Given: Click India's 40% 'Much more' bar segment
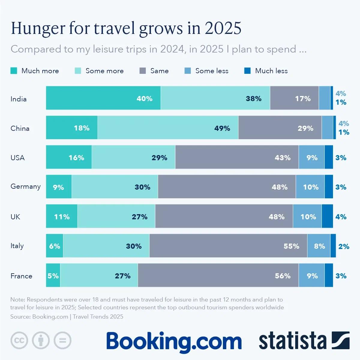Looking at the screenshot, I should click(x=103, y=98).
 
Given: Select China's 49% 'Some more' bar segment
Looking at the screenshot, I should click(x=168, y=128).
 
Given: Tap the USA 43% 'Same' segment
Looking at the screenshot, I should click(x=237, y=157).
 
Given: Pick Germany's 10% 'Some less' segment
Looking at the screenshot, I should click(x=310, y=187).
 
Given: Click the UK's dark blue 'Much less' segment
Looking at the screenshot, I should click(x=327, y=216).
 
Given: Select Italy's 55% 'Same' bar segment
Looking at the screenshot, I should click(x=228, y=246).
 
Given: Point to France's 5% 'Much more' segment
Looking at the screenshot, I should click(x=53, y=275).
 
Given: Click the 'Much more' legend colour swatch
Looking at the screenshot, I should click(x=14, y=71).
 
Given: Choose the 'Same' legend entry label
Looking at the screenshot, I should click(x=159, y=71).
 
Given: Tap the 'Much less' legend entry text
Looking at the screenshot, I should click(x=271, y=71).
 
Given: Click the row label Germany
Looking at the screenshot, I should click(x=25, y=187).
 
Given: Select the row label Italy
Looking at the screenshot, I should click(x=17, y=246).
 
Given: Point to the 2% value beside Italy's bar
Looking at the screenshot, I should click(x=344, y=247).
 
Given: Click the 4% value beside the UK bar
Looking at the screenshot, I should click(x=341, y=217).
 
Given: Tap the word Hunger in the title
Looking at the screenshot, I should click(x=38, y=28).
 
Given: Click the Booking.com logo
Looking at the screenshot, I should click(x=174, y=341).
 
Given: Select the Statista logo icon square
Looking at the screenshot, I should click(x=340, y=340).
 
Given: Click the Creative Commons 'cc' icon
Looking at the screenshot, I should click(x=19, y=340).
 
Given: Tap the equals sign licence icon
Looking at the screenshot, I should click(x=63, y=340).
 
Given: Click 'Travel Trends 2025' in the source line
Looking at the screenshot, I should click(x=98, y=317).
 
